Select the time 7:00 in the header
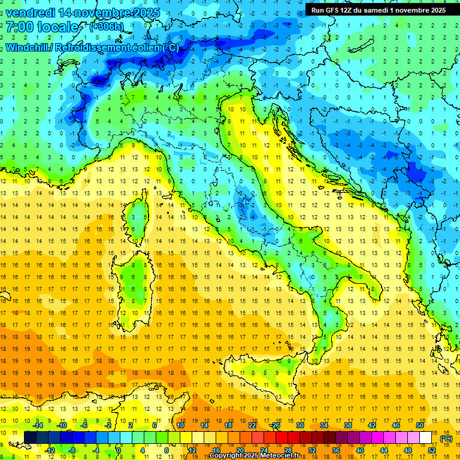[x=20, y=27]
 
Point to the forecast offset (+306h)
[x=107, y=27]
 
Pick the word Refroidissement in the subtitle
[x=95, y=47]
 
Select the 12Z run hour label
[x=352, y=10]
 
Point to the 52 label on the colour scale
[x=432, y=450]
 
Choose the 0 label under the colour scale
[x=119, y=450]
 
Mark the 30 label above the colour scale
[x=300, y=425]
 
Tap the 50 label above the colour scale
[x=420, y=425]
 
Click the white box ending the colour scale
[x=425, y=437]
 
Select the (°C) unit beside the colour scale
[x=446, y=438]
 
